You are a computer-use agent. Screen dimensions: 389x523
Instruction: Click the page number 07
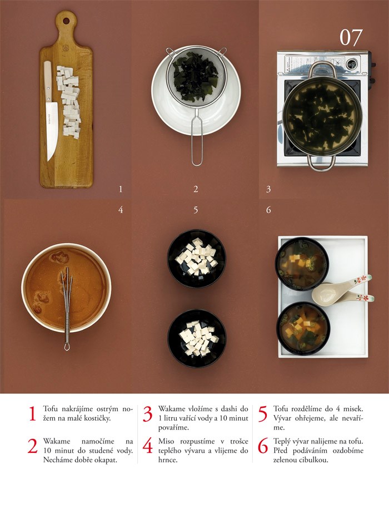coord(351,37)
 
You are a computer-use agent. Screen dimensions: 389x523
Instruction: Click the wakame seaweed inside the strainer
coord(196,77)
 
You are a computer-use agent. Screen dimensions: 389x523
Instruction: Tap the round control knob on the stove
coord(351,63)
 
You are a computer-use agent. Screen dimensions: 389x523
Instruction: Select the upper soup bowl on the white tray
coord(302,264)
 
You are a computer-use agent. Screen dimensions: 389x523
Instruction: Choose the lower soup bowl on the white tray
coord(303,328)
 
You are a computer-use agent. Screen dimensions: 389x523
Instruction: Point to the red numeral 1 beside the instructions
coord(32,413)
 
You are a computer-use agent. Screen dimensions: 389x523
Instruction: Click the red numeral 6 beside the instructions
coord(263,446)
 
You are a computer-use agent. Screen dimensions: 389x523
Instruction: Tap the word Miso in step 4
coord(166,441)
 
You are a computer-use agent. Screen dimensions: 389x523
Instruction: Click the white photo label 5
coord(196,210)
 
